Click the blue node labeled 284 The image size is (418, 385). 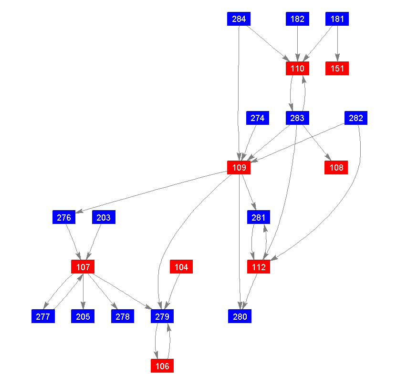239,19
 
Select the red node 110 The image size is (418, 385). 297,69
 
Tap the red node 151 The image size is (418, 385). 337,69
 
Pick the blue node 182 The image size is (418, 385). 297,19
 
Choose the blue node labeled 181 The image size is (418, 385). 337,19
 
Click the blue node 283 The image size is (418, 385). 297,118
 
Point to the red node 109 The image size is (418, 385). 239,168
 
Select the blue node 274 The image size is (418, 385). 258,118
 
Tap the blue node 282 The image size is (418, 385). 356,118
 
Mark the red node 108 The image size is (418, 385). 336,168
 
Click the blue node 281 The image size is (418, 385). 259,217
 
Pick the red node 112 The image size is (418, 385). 259,267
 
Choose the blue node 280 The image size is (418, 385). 240,316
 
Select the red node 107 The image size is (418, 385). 83,267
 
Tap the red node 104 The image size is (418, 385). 181,267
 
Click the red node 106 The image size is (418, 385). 162,366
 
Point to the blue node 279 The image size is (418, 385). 162,316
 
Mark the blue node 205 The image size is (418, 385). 83,316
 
